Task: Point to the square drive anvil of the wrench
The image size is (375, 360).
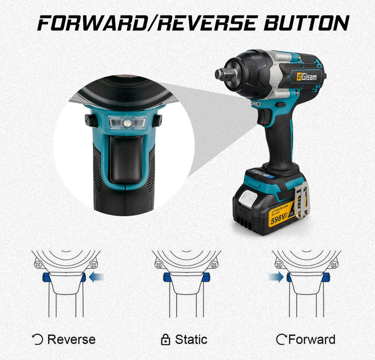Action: point(220,74)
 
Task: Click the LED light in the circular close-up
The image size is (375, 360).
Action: point(127,123)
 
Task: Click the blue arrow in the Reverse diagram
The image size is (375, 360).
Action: point(96,278)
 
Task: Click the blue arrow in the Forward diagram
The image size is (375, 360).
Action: point(276,278)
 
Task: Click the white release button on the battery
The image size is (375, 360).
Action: point(249,199)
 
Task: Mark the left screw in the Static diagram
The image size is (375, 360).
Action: point(158,264)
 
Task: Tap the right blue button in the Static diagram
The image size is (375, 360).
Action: point(206,278)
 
